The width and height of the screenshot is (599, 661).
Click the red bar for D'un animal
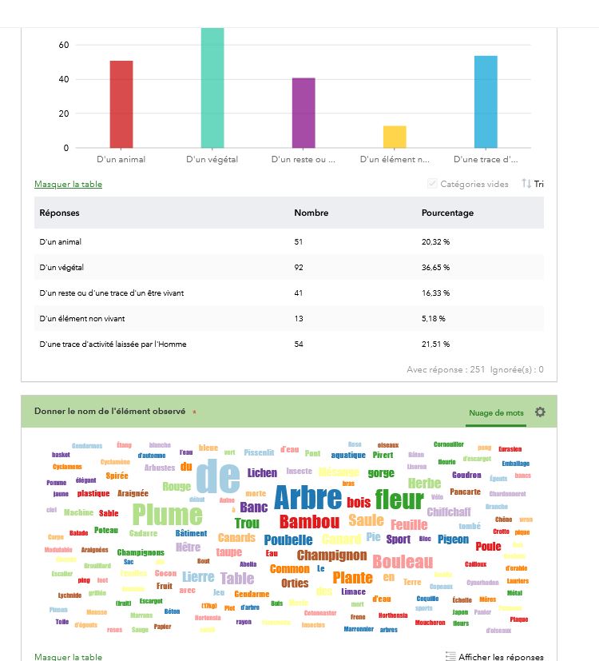(121, 104)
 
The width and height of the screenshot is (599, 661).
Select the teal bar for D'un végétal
(212, 88)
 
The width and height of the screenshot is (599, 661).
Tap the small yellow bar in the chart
(395, 137)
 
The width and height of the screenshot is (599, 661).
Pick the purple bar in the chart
(303, 113)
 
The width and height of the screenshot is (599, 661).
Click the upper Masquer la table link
(68, 184)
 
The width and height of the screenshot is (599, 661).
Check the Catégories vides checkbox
(433, 184)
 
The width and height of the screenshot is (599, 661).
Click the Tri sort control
(533, 184)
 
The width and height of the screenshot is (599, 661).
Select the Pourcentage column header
(447, 213)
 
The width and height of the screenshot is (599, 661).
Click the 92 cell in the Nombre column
(299, 267)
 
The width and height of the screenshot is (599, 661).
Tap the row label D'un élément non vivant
(81, 318)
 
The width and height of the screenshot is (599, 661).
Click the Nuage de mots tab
(496, 412)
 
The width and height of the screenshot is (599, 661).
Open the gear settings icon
(540, 412)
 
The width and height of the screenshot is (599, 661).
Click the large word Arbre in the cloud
(307, 498)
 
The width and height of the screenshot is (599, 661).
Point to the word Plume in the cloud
(167, 515)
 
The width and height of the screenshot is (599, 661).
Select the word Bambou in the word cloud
(309, 522)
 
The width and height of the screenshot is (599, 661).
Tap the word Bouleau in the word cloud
(403, 562)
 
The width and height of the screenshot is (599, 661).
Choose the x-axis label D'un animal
(121, 160)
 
